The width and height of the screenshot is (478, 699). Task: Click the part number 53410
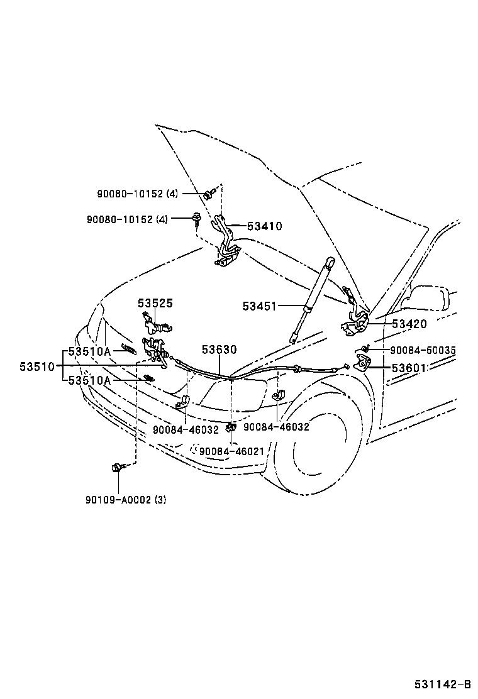click(264, 226)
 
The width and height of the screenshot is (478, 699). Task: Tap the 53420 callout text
click(409, 324)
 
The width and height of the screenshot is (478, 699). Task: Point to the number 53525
click(155, 303)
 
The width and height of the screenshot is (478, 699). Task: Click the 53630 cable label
click(220, 350)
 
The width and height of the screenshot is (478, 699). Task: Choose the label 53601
click(409, 368)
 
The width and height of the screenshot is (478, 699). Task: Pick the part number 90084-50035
click(423, 350)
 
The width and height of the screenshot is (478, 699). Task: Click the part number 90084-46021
click(231, 451)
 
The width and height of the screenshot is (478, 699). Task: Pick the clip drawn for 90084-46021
click(231, 427)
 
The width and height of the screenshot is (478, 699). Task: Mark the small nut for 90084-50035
click(365, 349)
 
